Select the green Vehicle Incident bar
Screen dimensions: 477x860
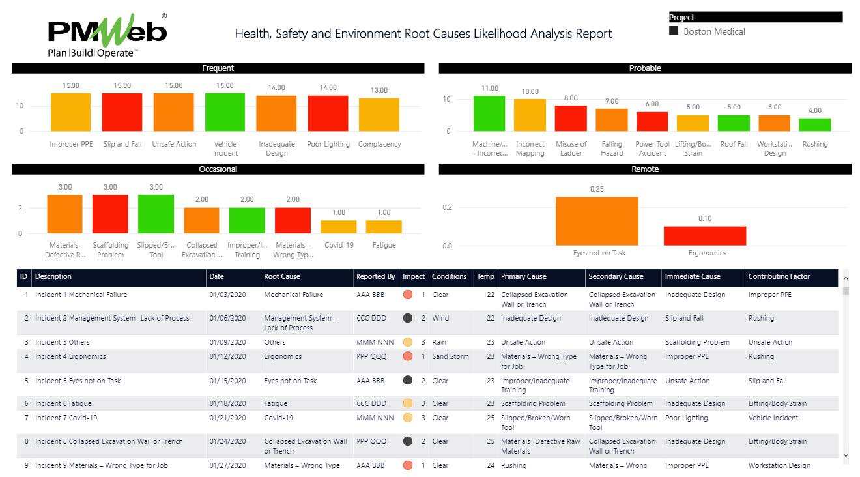click(225, 112)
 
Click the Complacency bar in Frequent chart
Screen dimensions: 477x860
click(379, 115)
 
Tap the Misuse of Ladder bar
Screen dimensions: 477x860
click(571, 119)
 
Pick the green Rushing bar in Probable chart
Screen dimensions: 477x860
click(814, 124)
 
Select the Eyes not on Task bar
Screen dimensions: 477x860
click(597, 221)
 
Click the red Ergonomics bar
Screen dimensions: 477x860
click(705, 236)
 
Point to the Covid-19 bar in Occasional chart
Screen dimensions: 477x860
click(338, 227)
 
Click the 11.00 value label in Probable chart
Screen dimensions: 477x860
click(489, 88)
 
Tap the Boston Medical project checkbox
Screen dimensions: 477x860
click(674, 31)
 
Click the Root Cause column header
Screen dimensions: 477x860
click(282, 276)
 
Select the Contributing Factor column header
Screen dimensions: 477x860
click(780, 276)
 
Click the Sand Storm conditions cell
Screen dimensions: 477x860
click(450, 356)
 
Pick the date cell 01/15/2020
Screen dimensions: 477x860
click(227, 381)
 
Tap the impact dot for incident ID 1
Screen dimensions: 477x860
click(408, 295)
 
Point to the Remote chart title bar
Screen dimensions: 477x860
click(644, 169)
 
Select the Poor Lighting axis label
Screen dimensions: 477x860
click(328, 144)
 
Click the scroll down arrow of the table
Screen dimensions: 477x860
click(846, 455)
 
